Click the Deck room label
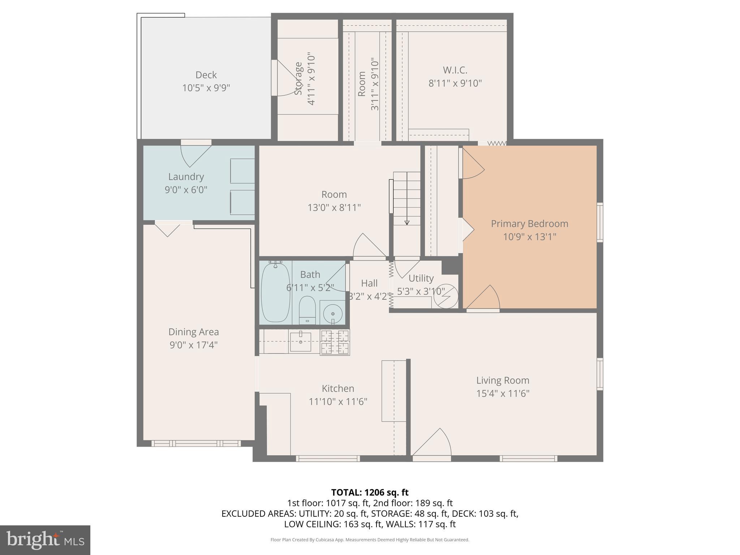[x=206, y=75]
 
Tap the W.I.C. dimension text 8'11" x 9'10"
[x=455, y=83]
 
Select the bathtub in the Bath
[x=275, y=292]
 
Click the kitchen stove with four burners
[x=335, y=342]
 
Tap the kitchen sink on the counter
[x=300, y=342]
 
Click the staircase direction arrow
[x=407, y=199]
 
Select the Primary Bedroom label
[x=529, y=224]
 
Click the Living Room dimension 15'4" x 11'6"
[x=503, y=393]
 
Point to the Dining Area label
[x=194, y=332]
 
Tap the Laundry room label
[x=186, y=177]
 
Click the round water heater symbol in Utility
[x=446, y=296]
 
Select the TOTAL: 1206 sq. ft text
[x=370, y=492]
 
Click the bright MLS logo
[x=45, y=540]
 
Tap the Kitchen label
[x=338, y=388]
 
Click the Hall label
[x=369, y=283]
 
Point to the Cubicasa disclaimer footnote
[x=370, y=540]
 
